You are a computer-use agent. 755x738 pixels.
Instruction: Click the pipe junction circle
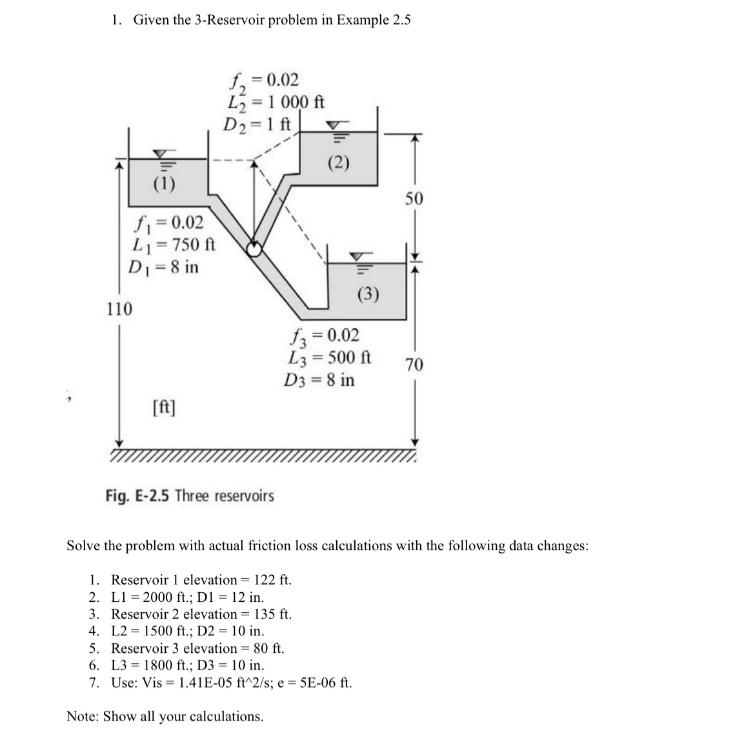tap(256, 249)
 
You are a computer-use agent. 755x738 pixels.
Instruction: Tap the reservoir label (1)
tap(164, 183)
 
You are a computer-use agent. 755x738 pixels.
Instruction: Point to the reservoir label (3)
tap(368, 295)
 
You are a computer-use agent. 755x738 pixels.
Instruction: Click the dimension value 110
tap(119, 309)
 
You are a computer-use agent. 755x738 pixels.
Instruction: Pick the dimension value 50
tap(414, 198)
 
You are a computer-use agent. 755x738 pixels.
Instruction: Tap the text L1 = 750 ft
tap(173, 245)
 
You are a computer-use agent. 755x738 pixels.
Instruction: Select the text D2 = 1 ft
tap(258, 123)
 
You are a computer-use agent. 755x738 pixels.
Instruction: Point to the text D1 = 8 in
tap(164, 266)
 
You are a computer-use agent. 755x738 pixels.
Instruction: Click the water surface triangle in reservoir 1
tap(163, 154)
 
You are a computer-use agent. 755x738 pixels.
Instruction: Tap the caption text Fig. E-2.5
tap(137, 496)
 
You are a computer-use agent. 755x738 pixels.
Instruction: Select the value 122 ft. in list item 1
tap(274, 579)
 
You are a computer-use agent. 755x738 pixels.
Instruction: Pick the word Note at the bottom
tap(83, 716)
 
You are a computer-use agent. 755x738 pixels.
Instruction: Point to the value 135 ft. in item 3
tap(274, 613)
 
